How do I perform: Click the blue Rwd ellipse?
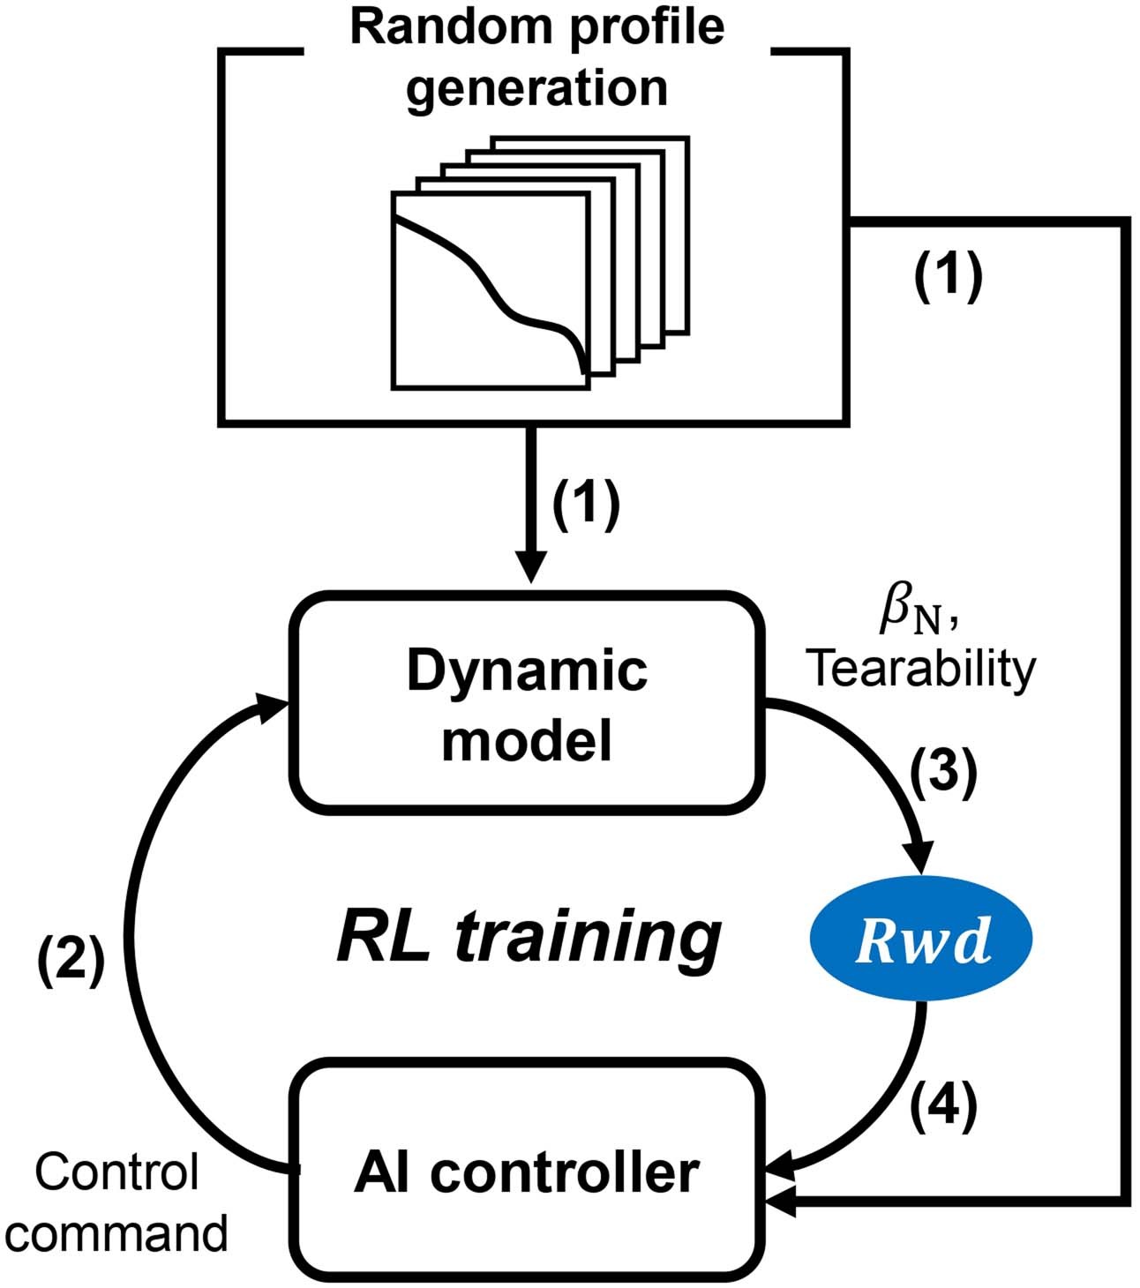920,943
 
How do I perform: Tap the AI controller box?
527,1173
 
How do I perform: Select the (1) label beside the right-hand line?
947,279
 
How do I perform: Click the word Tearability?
923,670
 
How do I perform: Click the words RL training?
528,939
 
